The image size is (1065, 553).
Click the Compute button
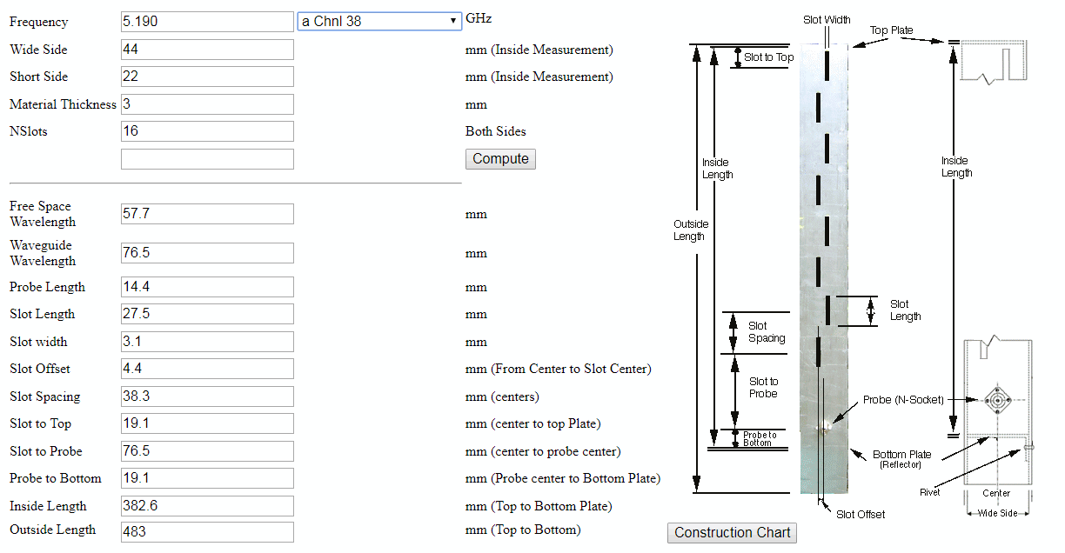pyautogui.click(x=500, y=158)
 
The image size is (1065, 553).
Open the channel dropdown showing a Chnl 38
pyautogui.click(x=379, y=22)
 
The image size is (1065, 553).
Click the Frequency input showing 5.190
pyautogui.click(x=207, y=22)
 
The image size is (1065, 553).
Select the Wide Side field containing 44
pyautogui.click(x=207, y=50)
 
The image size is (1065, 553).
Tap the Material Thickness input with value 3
pyautogui.click(x=207, y=104)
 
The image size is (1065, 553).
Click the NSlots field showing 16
pyautogui.click(x=207, y=131)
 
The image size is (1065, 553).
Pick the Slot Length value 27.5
pyautogui.click(x=207, y=314)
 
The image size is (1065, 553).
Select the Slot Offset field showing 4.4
pyautogui.click(x=207, y=369)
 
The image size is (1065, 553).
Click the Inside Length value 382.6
pyautogui.click(x=207, y=506)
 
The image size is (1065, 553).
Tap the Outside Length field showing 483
pyautogui.click(x=207, y=532)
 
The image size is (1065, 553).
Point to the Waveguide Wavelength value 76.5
pyautogui.click(x=207, y=253)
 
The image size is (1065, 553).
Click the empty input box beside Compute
pyautogui.click(x=207, y=159)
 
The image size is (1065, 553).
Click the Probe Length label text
pyautogui.click(x=47, y=287)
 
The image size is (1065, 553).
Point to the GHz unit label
pyautogui.click(x=479, y=18)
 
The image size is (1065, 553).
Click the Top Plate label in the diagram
pyautogui.click(x=892, y=30)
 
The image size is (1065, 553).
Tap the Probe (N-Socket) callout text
pyautogui.click(x=903, y=400)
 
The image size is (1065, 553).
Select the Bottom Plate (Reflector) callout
pyautogui.click(x=901, y=459)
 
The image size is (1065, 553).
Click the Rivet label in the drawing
pyautogui.click(x=930, y=492)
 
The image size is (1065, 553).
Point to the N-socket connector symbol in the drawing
pyautogui.click(x=997, y=400)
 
